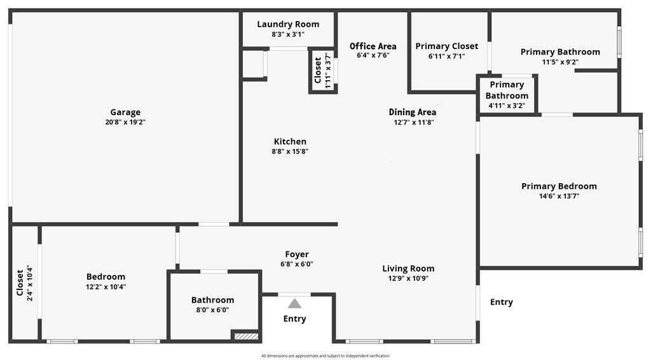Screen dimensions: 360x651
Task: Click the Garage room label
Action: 125,113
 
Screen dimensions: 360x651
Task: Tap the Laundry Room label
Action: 288,24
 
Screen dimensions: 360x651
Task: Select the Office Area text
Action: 373,46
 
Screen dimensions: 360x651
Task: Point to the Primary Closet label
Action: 446,46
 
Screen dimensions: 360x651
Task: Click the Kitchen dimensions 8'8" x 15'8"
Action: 290,151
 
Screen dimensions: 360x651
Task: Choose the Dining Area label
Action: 413,112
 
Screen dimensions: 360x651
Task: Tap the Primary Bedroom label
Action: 559,186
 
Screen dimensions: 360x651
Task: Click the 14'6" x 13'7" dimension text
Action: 559,196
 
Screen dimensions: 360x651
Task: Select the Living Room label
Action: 408,268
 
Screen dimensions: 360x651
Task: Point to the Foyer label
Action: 297,254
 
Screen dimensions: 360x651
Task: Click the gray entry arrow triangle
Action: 294,303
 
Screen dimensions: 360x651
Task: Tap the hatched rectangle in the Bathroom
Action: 245,335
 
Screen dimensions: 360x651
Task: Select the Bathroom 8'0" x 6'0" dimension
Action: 213,310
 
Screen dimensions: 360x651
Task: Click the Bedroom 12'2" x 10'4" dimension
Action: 106,286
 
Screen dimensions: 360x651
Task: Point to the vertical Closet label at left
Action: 20,282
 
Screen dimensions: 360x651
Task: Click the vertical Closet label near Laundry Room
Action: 318,70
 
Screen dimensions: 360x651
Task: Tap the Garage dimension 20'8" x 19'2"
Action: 125,122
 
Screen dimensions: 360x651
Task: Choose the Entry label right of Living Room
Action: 501,302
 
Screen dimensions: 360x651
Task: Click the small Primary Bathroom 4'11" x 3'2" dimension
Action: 507,106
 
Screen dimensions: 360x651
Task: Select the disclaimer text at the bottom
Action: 325,356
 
